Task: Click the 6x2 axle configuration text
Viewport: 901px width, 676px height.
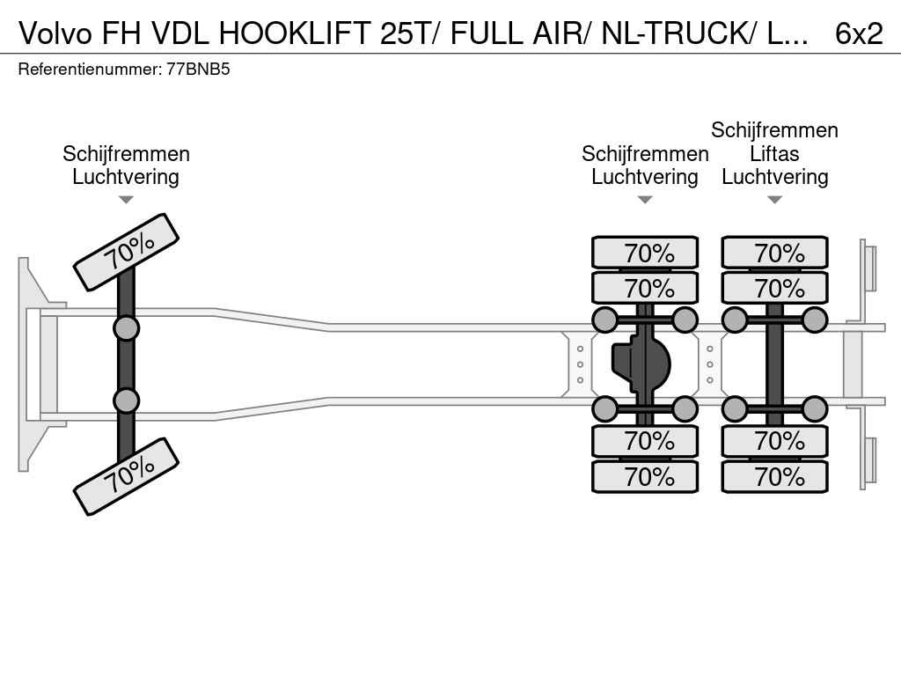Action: pyautogui.click(x=859, y=33)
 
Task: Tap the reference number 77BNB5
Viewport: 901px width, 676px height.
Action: pyautogui.click(x=198, y=70)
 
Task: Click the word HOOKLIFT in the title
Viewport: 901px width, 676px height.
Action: pyautogui.click(x=295, y=33)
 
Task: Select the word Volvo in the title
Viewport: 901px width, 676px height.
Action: pyautogui.click(x=55, y=33)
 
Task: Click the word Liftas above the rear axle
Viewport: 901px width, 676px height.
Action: pyautogui.click(x=774, y=153)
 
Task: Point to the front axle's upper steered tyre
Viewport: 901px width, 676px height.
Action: pyautogui.click(x=127, y=252)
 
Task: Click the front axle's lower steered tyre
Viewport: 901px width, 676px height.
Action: pyautogui.click(x=127, y=476)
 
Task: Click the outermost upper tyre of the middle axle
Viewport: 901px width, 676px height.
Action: pyautogui.click(x=645, y=252)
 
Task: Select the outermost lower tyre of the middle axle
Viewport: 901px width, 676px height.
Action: pyautogui.click(x=645, y=476)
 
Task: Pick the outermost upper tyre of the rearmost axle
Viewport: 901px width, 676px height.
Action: pyautogui.click(x=774, y=252)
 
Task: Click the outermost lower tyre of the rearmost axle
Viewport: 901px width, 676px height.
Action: pyautogui.click(x=774, y=476)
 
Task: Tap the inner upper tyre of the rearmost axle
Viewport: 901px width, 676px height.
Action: pyautogui.click(x=774, y=288)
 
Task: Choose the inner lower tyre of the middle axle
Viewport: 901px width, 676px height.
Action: pyautogui.click(x=645, y=441)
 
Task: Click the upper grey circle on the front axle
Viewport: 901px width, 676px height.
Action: pyautogui.click(x=126, y=329)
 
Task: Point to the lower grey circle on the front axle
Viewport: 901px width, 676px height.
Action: pyautogui.click(x=126, y=400)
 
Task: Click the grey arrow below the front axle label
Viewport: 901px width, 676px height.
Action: pyautogui.click(x=126, y=200)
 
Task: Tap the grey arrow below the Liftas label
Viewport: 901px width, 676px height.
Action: pyautogui.click(x=774, y=200)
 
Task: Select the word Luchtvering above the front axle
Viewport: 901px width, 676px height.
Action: pyautogui.click(x=126, y=177)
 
